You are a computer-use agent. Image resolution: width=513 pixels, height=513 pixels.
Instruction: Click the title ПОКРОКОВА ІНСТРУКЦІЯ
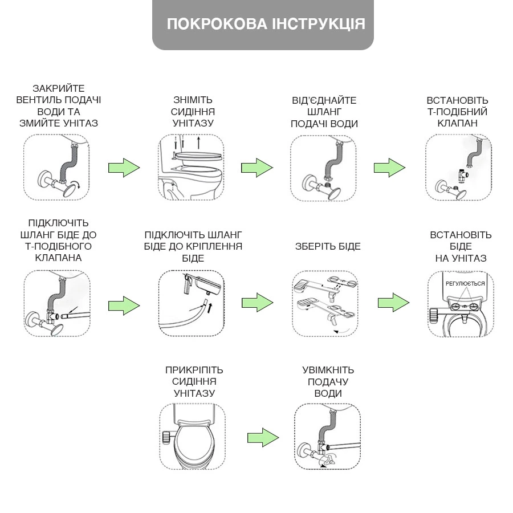pos(266,24)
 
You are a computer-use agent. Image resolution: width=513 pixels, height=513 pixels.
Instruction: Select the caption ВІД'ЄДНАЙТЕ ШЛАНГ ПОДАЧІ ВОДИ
pos(324,112)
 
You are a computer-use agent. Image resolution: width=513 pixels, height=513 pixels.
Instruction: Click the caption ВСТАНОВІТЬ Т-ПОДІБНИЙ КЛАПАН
pos(457,112)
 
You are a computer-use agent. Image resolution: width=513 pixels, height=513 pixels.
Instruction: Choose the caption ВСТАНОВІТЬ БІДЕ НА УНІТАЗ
pos(461,246)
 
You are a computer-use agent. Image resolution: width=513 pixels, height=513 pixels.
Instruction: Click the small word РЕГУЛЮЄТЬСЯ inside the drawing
pos(465,283)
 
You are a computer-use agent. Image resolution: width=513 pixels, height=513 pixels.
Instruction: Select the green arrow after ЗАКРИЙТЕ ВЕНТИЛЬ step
pos(124,168)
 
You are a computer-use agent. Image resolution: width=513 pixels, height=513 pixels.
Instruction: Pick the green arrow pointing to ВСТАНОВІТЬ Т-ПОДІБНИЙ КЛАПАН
pos(389,168)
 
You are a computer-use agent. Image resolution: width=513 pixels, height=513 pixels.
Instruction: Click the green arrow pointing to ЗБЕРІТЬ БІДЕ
pos(257,302)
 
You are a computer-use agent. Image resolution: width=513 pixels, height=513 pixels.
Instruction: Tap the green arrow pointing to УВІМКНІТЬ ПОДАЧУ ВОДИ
pos(263,437)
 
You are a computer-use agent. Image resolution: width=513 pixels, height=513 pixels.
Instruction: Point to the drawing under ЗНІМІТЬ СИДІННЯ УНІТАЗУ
pos(191,168)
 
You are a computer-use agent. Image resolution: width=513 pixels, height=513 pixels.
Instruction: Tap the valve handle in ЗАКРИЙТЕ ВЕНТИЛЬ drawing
pos(71,190)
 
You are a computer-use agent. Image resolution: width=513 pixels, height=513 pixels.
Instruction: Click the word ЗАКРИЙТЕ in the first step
pos(59,88)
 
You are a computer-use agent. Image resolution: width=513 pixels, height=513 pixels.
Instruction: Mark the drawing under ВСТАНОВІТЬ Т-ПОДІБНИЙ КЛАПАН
pos(458,168)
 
